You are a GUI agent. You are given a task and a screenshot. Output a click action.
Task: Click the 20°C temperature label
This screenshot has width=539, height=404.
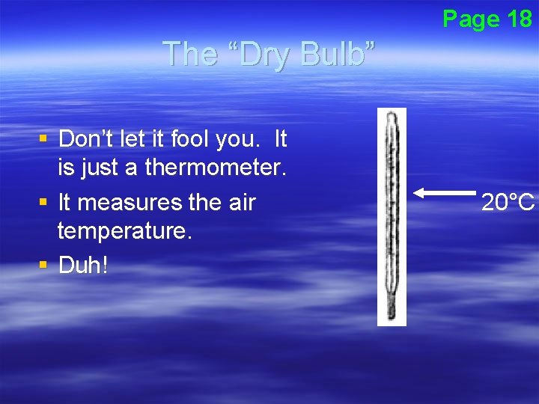point(508,202)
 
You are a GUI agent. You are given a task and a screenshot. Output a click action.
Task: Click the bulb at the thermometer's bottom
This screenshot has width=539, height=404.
point(390,313)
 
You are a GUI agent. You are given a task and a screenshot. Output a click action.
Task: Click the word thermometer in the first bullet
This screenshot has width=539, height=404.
point(216,168)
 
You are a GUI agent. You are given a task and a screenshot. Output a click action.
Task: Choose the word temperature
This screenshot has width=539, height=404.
point(125,232)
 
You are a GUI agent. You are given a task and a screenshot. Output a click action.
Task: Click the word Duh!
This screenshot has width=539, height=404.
point(83,266)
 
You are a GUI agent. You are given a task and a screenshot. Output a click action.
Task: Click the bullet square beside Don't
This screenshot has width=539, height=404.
point(44,138)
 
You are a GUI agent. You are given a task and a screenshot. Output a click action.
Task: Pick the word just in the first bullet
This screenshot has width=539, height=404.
point(100,168)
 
